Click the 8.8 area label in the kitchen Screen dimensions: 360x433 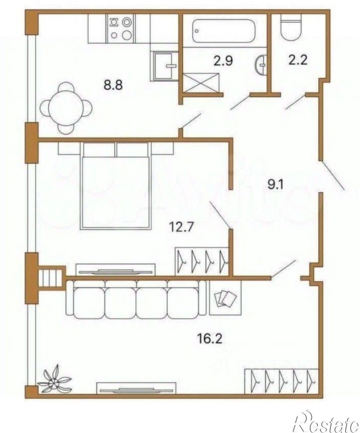pos(113,85)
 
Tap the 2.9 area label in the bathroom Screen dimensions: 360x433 pos(223,61)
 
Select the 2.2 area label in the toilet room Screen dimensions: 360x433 pos(298,60)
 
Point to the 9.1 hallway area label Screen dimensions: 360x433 pos(276,184)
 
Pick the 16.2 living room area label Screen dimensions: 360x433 pos(210,338)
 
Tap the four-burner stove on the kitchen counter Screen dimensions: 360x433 pos(121,28)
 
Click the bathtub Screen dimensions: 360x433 pos(223,31)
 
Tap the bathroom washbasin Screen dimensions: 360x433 pos(261,65)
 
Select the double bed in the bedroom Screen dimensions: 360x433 pos(116,186)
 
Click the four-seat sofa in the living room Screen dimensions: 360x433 pos(136,298)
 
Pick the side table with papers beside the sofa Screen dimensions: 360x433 pos(225,298)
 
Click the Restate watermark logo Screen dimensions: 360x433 pos(327,424)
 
